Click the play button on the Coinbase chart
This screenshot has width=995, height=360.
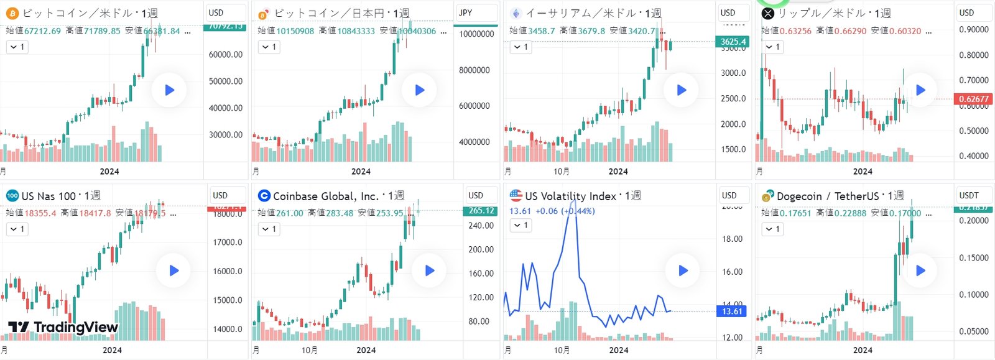429,270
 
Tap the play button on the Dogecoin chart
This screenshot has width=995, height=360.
920,270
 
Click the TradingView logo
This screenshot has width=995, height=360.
63,327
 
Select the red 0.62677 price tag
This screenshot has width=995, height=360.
973,99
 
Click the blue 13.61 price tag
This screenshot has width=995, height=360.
732,311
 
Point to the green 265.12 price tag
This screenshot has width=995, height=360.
481,211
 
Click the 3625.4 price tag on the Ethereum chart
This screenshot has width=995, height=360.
733,42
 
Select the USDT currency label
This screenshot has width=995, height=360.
969,195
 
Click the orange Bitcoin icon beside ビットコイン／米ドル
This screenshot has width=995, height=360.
12,13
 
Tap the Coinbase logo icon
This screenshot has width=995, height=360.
264,196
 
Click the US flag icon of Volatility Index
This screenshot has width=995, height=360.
516,195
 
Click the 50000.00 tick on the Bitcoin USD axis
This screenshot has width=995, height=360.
225,81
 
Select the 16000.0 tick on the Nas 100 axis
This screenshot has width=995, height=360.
228,271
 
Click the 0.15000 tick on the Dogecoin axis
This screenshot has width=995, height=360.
973,257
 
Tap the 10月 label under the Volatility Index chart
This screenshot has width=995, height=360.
561,350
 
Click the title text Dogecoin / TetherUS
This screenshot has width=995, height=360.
828,196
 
